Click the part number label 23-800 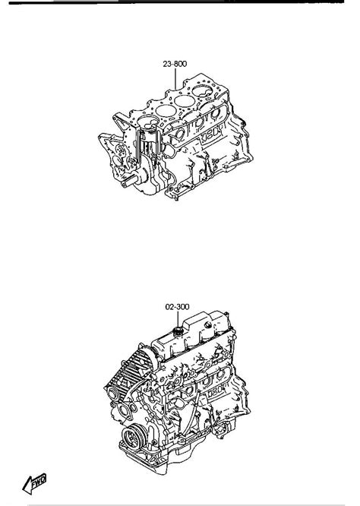pos(175,64)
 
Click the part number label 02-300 pos(177,307)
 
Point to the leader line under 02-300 pos(177,320)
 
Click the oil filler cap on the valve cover pos(178,332)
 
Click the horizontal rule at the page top pos(180,2)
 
